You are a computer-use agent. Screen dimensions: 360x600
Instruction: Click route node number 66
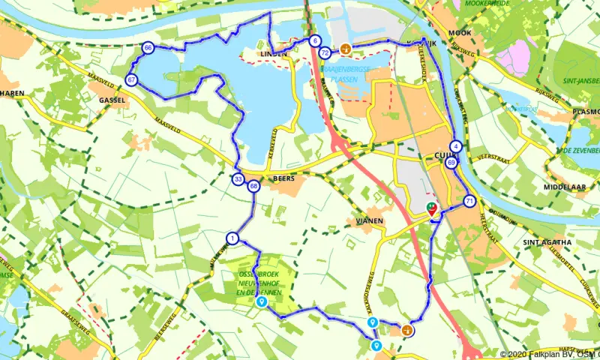pos(148,48)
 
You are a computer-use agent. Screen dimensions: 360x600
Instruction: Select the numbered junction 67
pos(132,79)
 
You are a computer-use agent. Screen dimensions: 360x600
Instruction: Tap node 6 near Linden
pos(315,41)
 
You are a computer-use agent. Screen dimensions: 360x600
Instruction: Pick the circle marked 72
pos(325,53)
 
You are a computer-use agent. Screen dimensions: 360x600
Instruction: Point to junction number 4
pos(455,145)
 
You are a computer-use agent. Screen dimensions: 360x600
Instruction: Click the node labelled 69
pos(451,162)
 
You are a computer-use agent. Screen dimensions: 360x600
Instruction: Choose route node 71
pos(469,201)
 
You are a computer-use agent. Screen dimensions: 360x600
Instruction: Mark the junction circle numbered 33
pos(238,179)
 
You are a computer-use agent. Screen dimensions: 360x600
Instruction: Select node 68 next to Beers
pos(254,186)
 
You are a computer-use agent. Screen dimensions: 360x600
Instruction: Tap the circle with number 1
pos(232,238)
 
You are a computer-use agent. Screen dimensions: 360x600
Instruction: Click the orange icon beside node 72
pos(346,50)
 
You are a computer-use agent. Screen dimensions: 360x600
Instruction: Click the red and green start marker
pos(432,211)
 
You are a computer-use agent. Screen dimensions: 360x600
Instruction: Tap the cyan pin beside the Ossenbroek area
pos(261,302)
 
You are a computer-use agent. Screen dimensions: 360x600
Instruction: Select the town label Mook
pos(460,34)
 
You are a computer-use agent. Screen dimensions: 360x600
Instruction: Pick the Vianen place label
pos(370,220)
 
